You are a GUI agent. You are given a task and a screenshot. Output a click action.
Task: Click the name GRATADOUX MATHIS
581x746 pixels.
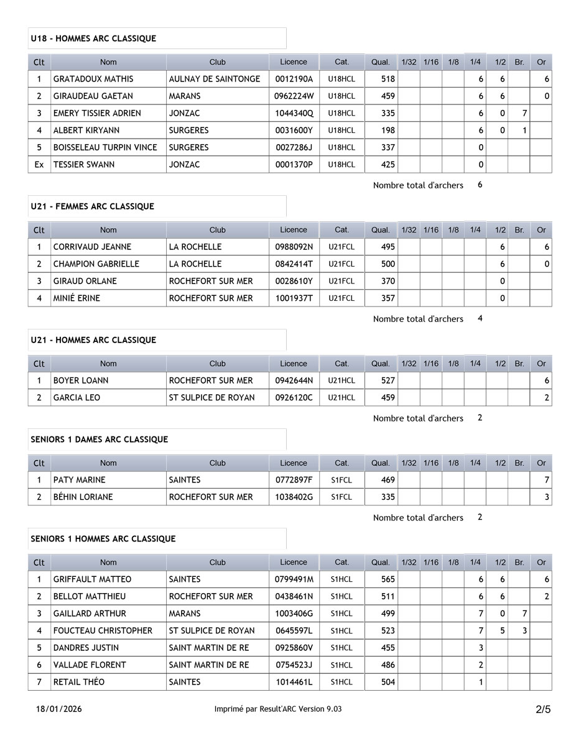click(93, 79)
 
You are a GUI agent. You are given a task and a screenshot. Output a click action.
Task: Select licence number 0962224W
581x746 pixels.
click(294, 96)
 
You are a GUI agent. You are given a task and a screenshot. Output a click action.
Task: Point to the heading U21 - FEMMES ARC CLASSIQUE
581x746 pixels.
click(92, 206)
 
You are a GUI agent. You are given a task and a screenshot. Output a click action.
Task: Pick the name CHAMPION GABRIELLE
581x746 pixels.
click(96, 264)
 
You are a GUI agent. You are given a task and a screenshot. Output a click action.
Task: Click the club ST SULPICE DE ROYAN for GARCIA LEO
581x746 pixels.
click(211, 397)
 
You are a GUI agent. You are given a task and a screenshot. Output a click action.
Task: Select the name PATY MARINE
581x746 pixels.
click(80, 480)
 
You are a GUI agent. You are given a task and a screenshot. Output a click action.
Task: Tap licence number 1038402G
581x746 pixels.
click(294, 497)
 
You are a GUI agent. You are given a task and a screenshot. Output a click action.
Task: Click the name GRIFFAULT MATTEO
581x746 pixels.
click(93, 579)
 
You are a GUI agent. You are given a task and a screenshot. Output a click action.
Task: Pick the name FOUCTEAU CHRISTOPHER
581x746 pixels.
click(103, 630)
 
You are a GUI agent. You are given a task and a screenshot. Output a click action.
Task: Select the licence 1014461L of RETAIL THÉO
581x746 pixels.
click(294, 682)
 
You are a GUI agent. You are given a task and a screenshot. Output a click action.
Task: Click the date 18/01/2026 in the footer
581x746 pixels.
click(59, 709)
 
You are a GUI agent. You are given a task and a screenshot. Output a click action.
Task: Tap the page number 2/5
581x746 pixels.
click(542, 709)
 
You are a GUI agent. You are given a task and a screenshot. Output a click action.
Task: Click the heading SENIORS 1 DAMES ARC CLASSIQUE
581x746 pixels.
click(100, 440)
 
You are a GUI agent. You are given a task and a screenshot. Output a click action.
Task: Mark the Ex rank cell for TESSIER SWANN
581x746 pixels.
click(39, 165)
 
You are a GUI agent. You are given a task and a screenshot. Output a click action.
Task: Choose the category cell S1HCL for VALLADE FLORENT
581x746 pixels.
click(342, 665)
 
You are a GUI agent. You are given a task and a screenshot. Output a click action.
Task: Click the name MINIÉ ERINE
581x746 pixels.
click(77, 298)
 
